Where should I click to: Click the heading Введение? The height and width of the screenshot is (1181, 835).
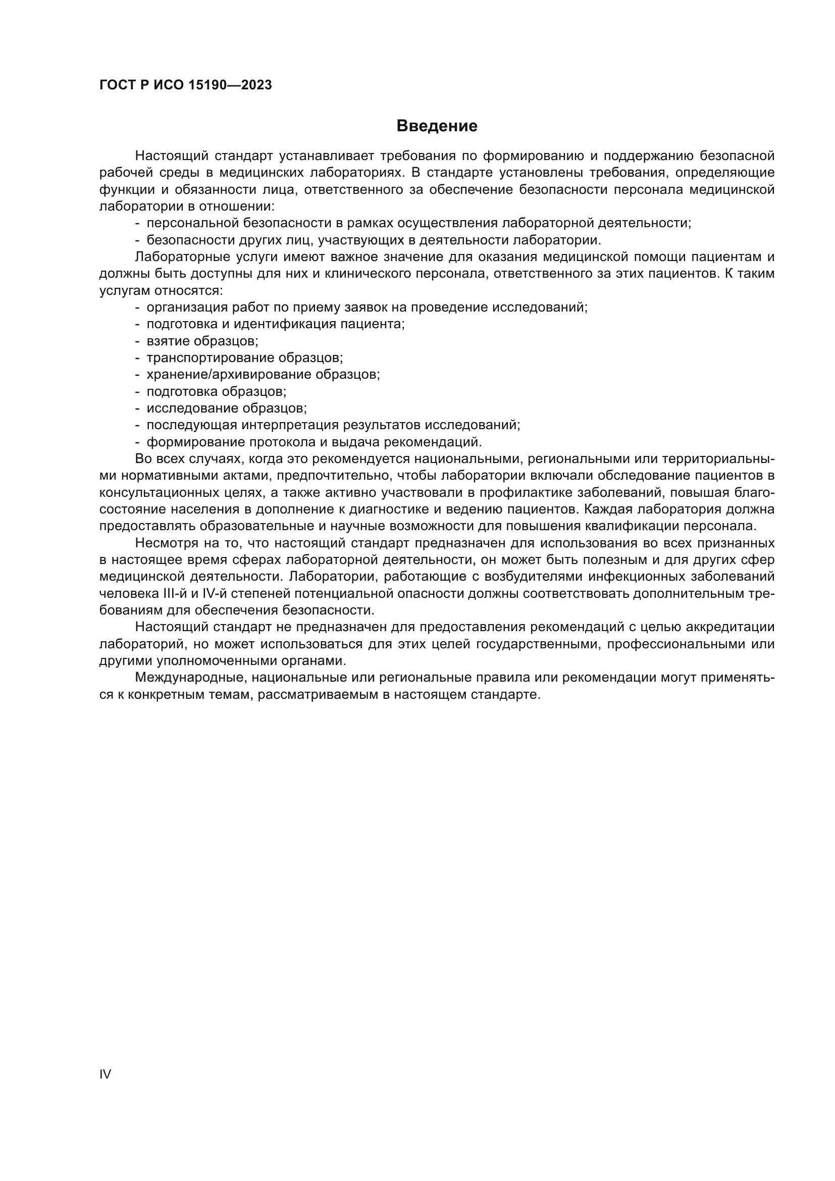(x=437, y=126)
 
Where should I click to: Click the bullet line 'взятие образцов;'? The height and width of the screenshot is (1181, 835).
(x=202, y=340)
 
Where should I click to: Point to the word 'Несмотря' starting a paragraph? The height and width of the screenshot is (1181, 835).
(x=164, y=543)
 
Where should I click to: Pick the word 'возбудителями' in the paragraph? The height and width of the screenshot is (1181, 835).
(x=518, y=577)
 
